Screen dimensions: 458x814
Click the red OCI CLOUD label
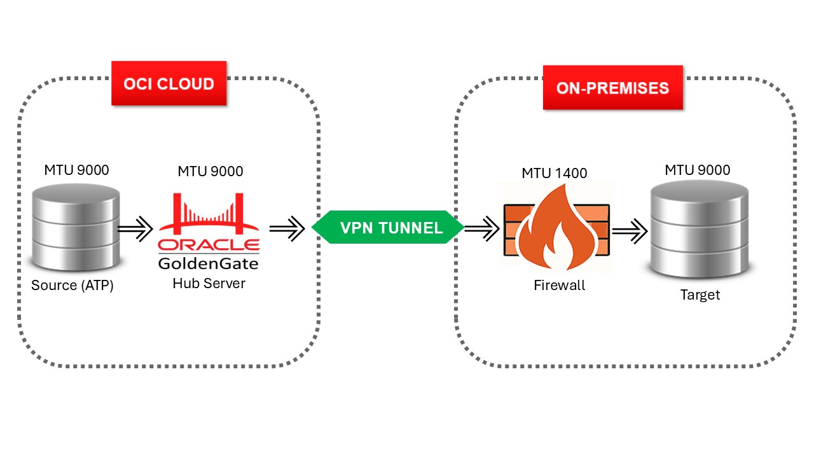(x=169, y=83)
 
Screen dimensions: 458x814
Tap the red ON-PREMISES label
(x=612, y=87)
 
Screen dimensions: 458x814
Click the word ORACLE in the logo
(x=209, y=246)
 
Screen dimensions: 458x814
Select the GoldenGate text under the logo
(x=209, y=263)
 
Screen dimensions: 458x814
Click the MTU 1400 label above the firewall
(x=555, y=173)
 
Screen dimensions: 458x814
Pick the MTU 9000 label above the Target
(x=698, y=170)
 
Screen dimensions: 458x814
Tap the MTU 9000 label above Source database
(x=76, y=170)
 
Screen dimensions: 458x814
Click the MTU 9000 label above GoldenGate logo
(x=210, y=171)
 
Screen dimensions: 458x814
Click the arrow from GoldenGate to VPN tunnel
(x=287, y=228)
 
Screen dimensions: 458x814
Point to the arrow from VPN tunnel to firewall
(x=481, y=228)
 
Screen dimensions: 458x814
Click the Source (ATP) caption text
(x=72, y=286)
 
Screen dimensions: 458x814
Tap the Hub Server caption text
(x=209, y=284)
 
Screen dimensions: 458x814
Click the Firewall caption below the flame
(x=559, y=286)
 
